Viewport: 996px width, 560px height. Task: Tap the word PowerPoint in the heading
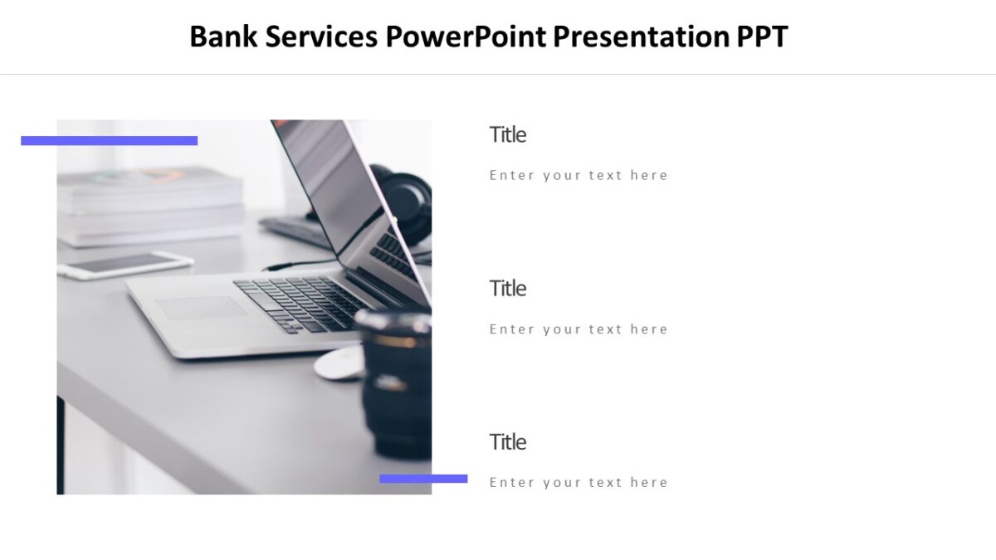pos(466,37)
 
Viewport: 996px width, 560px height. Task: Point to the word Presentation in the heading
pos(642,37)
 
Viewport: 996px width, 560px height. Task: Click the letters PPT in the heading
pos(762,37)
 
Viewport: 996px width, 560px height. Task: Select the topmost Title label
pos(507,134)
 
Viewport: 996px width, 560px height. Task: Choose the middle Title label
pos(507,289)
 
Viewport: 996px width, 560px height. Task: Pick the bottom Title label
pos(507,442)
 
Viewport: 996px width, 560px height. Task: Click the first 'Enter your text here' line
pos(579,175)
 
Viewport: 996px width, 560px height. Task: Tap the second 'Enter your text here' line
pos(579,329)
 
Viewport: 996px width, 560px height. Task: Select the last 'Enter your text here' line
pos(579,483)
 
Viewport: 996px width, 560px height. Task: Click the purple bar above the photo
pos(109,141)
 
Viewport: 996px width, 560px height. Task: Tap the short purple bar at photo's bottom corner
pos(423,479)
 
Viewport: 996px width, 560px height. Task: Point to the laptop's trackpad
pos(201,308)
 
